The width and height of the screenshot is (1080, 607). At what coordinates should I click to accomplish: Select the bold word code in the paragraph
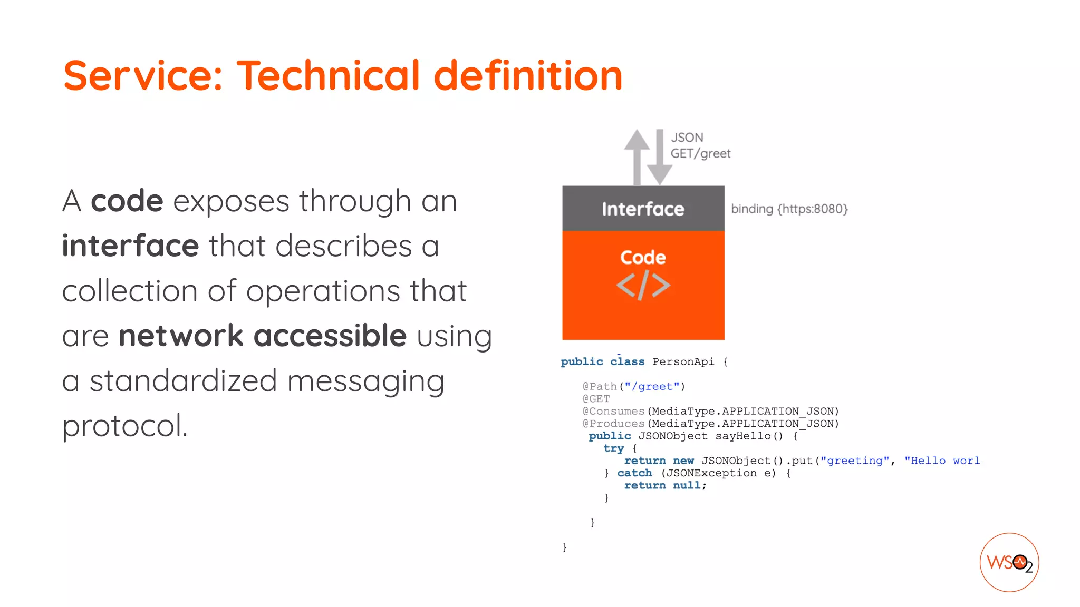click(x=127, y=201)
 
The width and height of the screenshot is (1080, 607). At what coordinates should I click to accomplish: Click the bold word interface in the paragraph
click(x=130, y=246)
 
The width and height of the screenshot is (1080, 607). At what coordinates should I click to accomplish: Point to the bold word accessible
click(x=330, y=336)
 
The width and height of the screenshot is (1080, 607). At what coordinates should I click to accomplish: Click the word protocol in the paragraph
click(x=124, y=426)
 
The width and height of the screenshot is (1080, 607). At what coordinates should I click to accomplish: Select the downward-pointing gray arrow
click(x=660, y=158)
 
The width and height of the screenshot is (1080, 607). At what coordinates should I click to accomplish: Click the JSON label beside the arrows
click(x=687, y=138)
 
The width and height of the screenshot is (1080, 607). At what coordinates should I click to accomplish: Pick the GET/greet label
click(x=700, y=153)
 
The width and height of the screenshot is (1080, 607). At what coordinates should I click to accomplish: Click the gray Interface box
click(x=643, y=209)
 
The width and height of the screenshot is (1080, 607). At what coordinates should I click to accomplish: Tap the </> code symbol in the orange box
click(x=643, y=286)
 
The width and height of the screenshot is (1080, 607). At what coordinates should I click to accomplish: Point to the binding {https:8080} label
click(x=789, y=209)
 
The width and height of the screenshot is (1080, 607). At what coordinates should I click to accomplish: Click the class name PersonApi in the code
click(x=683, y=361)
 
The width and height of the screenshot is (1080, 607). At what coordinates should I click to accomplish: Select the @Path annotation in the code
click(x=600, y=386)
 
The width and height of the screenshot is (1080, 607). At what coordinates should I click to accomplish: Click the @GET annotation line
click(x=596, y=399)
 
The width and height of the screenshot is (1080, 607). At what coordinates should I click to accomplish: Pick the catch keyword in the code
click(x=634, y=473)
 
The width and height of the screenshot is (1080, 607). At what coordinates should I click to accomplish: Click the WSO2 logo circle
click(x=1009, y=562)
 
